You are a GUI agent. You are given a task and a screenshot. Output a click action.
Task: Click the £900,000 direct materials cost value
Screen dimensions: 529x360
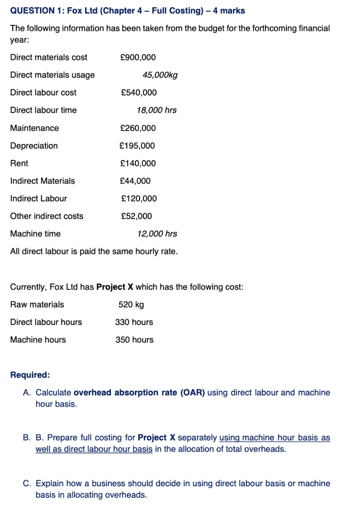point(138,57)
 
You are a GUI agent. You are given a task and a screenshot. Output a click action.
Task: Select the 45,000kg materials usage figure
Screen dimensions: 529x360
point(160,75)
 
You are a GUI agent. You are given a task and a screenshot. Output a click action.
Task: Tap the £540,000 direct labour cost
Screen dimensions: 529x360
point(139,93)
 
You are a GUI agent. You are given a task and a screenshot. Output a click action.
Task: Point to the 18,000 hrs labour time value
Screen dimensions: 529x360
point(157,110)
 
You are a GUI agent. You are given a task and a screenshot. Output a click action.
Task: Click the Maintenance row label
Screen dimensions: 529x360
point(35,128)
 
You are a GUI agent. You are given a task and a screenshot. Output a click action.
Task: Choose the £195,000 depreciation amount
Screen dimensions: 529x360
point(137,146)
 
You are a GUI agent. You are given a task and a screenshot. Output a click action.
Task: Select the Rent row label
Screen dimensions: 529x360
point(19,163)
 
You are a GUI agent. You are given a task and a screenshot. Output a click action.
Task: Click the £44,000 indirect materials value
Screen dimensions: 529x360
point(135,181)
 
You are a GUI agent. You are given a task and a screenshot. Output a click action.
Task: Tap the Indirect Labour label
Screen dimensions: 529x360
point(39,199)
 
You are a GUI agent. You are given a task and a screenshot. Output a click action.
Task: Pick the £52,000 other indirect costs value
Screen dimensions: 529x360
point(137,216)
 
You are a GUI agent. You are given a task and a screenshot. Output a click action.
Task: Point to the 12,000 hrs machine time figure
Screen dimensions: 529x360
point(157,234)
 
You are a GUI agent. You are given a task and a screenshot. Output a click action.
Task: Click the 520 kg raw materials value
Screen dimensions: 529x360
point(131,304)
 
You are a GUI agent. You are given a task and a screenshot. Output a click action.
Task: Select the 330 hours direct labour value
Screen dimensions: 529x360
point(134,322)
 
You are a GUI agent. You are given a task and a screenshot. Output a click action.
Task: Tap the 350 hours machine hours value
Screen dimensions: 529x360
point(134,340)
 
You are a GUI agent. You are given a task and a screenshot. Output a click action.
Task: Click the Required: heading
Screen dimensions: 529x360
point(30,375)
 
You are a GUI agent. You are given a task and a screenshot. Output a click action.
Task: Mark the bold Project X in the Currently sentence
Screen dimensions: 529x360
point(115,287)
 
